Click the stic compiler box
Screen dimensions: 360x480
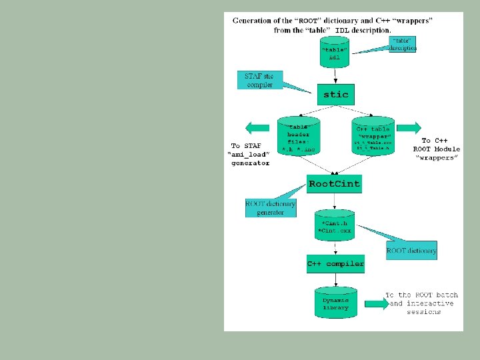[x=335, y=95]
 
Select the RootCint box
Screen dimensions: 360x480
[x=334, y=184]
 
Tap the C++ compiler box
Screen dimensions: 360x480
[x=335, y=264]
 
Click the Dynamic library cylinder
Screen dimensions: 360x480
[x=335, y=304]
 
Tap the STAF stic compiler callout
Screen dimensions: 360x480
[x=260, y=80]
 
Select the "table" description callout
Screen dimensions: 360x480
[x=403, y=44]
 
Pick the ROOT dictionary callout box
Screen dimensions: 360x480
[x=411, y=251]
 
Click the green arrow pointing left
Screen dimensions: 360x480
[x=257, y=127]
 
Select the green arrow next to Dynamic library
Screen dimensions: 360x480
[x=375, y=303]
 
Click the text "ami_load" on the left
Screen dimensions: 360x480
[x=248, y=154]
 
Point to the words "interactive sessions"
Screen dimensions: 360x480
[x=423, y=307]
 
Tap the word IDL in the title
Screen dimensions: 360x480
[x=341, y=30]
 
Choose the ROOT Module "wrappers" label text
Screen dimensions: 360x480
[x=436, y=153]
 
